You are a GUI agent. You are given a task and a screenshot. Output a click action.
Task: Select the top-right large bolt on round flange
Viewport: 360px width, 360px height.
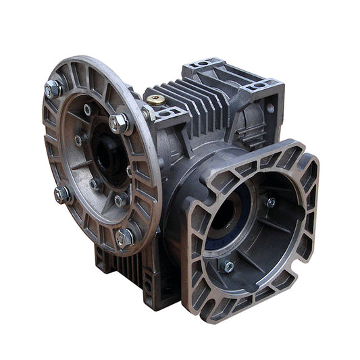119,123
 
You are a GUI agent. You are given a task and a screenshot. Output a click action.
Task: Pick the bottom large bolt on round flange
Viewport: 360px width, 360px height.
125,237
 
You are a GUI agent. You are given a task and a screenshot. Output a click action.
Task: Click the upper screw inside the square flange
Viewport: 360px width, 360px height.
270,202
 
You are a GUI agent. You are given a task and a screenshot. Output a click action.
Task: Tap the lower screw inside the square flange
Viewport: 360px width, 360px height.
228,266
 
